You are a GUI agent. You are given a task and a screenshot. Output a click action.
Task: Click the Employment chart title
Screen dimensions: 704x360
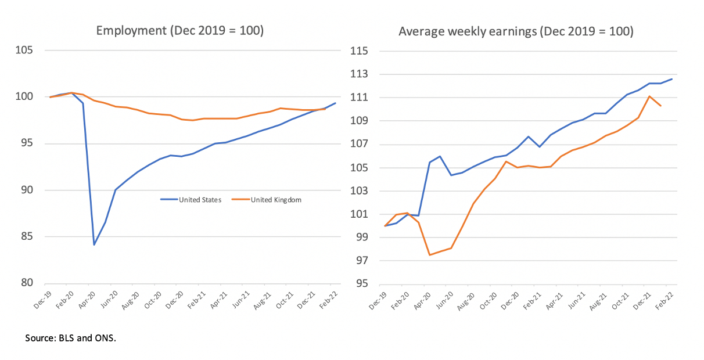coord(179,31)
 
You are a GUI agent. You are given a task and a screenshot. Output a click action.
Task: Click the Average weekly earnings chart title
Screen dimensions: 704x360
coord(516,31)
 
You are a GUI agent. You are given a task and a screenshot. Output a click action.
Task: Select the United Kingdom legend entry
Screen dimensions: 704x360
coord(276,200)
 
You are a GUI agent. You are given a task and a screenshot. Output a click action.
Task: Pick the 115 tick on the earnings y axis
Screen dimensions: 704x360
coord(360,51)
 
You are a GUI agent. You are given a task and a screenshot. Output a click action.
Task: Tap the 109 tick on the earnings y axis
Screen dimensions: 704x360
coord(360,121)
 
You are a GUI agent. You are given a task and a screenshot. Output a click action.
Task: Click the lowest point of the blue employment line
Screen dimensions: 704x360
coord(94,244)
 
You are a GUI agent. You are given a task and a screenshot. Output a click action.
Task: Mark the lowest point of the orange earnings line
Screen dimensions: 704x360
coord(429,255)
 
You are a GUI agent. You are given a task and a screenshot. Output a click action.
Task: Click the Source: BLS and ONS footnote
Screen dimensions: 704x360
coord(71,337)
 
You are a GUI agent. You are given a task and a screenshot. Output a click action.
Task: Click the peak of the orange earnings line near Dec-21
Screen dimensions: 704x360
coord(649,96)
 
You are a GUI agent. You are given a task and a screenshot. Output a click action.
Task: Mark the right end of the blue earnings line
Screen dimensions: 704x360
coord(672,79)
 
